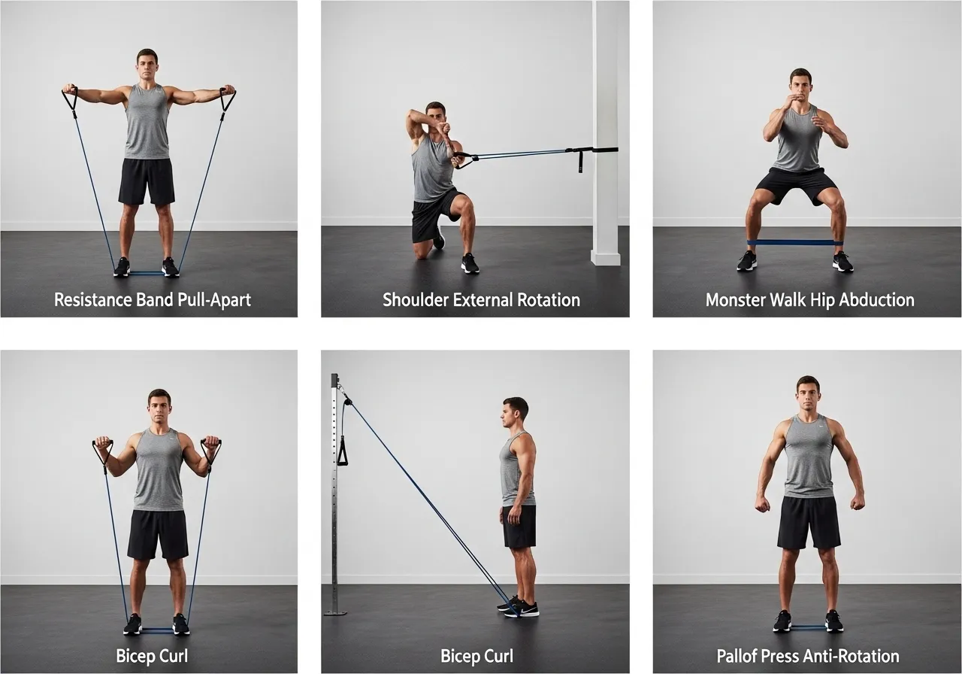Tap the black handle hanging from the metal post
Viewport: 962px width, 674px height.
pyautogui.click(x=343, y=451)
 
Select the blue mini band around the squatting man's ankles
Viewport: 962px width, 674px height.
pyautogui.click(x=791, y=242)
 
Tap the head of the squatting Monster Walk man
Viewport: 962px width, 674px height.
pyautogui.click(x=800, y=84)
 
